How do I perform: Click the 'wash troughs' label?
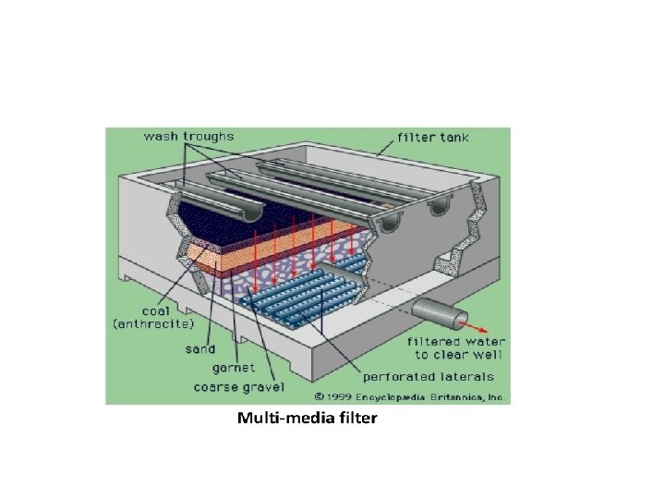(x=188, y=137)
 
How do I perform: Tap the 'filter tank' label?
(x=433, y=138)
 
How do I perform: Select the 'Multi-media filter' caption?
(x=308, y=419)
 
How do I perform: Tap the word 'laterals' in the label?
(x=470, y=377)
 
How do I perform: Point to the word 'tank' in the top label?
(x=453, y=138)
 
